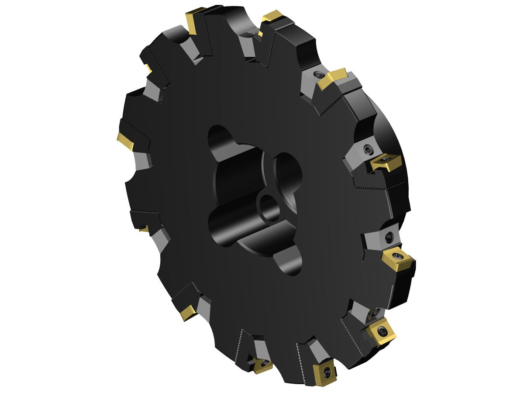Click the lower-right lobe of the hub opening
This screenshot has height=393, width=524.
tap(293, 261)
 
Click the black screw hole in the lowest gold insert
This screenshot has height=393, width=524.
tap(327, 371)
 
